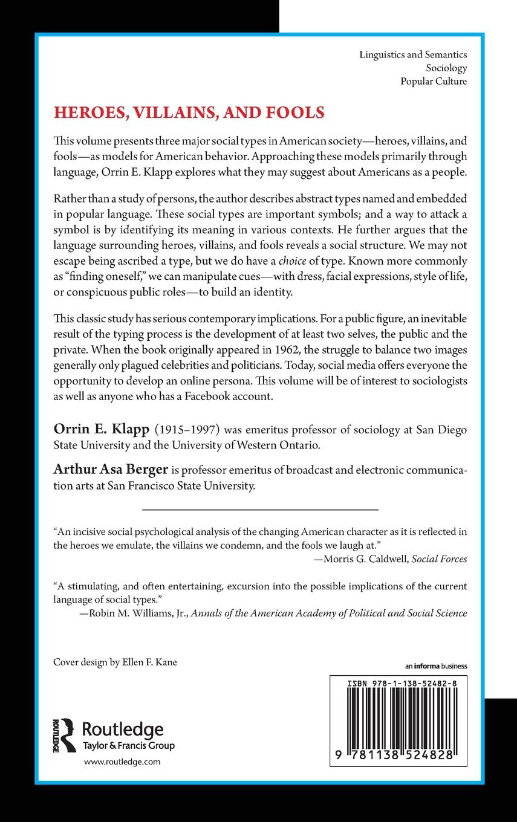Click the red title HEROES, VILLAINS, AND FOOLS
coord(189,112)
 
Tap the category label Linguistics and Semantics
coord(413,54)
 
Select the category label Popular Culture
coord(434,81)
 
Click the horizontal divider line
coord(259,510)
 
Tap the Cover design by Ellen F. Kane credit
coord(115,662)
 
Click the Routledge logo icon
coord(64,735)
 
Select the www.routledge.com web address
coord(122,762)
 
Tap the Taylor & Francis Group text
coord(128,746)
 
